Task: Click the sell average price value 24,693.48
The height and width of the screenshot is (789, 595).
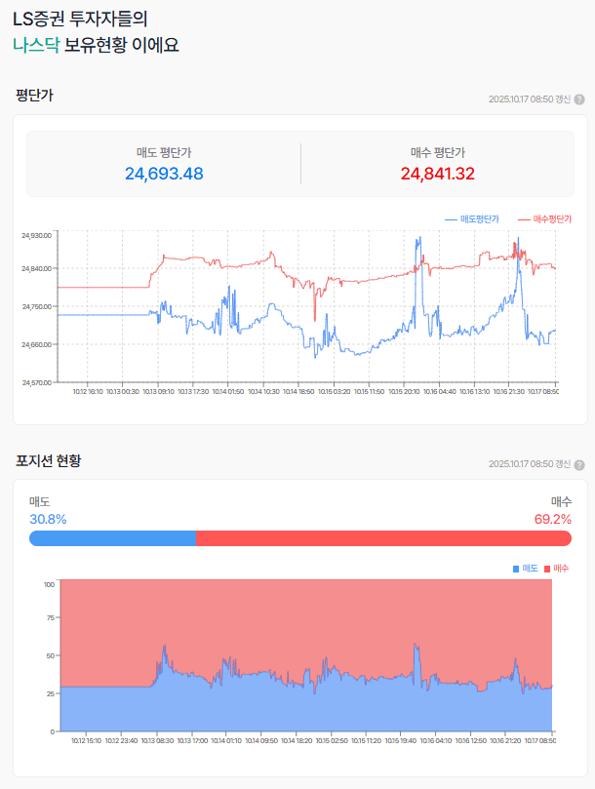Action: click(164, 174)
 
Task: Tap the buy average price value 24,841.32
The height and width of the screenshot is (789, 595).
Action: click(438, 174)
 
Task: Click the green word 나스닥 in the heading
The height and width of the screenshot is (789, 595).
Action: click(36, 44)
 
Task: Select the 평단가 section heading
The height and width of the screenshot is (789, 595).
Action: click(34, 96)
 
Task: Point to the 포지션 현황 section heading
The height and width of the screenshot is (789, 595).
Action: click(49, 460)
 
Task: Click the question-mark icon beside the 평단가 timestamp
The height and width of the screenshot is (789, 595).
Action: click(579, 99)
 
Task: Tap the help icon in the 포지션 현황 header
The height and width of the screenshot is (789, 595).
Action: click(579, 464)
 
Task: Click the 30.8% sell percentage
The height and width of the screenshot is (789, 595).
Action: click(48, 519)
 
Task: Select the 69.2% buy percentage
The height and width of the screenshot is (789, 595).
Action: click(552, 519)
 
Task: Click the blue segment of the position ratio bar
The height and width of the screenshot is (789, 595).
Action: click(113, 538)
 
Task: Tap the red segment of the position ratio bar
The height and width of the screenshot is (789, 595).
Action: click(383, 538)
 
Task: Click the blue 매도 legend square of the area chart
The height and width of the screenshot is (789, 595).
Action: click(516, 568)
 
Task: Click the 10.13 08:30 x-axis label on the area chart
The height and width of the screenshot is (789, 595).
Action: click(158, 740)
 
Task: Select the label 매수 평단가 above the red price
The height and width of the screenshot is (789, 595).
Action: click(438, 152)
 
